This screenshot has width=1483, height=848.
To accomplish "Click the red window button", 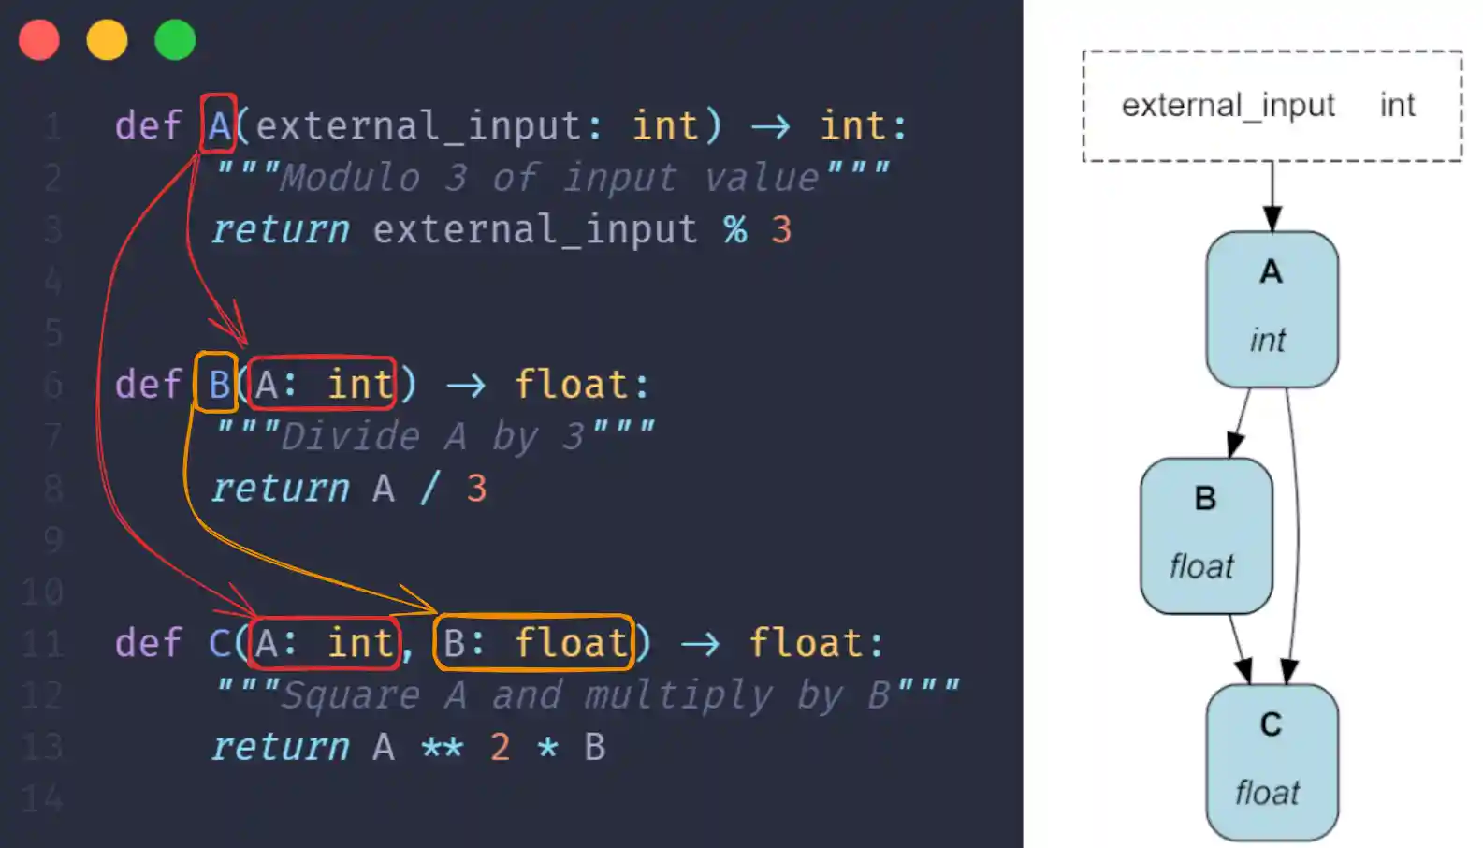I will coord(39,40).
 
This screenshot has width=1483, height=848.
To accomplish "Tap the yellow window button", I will coord(107,40).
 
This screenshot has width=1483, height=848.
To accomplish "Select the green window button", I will coord(175,40).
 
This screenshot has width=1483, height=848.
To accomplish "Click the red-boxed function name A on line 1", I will coord(219,124).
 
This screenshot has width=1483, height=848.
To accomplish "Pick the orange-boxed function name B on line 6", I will coord(217,383).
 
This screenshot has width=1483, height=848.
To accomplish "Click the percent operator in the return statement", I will coord(735,229).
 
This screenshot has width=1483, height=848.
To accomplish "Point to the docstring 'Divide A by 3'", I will coord(435,436).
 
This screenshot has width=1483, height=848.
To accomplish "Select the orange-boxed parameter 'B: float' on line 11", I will coord(534,643).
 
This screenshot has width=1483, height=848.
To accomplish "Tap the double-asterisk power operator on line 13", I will coord(442,748).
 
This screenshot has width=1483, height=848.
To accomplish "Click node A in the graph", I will coord(1272,309).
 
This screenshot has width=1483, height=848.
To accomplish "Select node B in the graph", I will coord(1205,535).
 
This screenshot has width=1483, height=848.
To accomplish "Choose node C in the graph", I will coord(1272,762).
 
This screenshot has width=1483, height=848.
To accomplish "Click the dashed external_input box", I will coord(1272,106).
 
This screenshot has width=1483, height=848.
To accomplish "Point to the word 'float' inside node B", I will coord(1201,566).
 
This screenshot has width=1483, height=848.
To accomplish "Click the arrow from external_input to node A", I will coord(1272,197).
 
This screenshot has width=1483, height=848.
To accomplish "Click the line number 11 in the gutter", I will coord(43,644).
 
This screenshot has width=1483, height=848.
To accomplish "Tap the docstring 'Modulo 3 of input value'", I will coord(552,178).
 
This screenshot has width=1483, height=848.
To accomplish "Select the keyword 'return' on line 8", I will coord(280,489).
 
